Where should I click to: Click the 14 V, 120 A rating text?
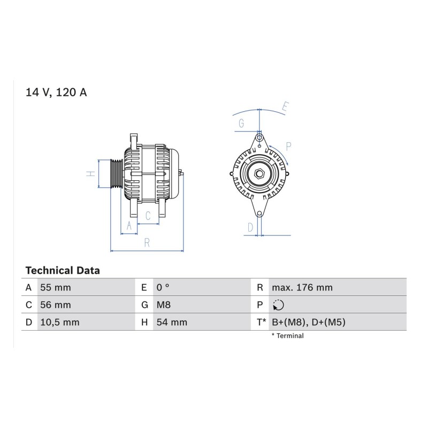click(56, 92)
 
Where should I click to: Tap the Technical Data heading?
click(63, 271)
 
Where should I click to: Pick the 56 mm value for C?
click(56, 304)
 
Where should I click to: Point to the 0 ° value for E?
click(163, 287)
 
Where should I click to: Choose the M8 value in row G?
click(164, 304)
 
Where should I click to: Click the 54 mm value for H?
click(172, 322)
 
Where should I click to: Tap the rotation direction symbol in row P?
click(278, 305)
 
